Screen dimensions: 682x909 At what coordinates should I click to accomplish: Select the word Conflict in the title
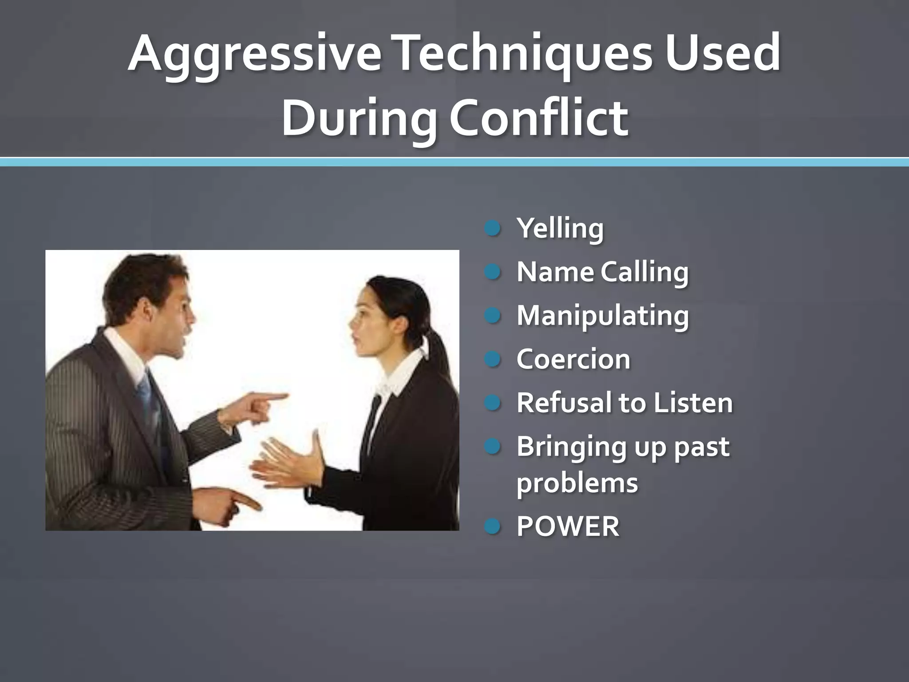point(539,118)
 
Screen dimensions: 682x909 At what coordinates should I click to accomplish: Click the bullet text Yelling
point(560,228)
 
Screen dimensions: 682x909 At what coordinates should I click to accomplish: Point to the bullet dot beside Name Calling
point(493,272)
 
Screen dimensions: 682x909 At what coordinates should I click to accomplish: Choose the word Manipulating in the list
point(603,315)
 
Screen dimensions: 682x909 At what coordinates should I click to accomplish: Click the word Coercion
point(573,359)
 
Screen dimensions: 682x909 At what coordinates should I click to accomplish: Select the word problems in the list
point(577,483)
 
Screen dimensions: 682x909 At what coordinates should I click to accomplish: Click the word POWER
point(568,527)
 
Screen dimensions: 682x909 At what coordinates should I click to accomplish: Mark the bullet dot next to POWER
point(493,527)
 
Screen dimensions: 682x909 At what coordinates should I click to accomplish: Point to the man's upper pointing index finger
point(271,397)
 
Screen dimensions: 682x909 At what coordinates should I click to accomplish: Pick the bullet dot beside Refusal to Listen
point(493,402)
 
